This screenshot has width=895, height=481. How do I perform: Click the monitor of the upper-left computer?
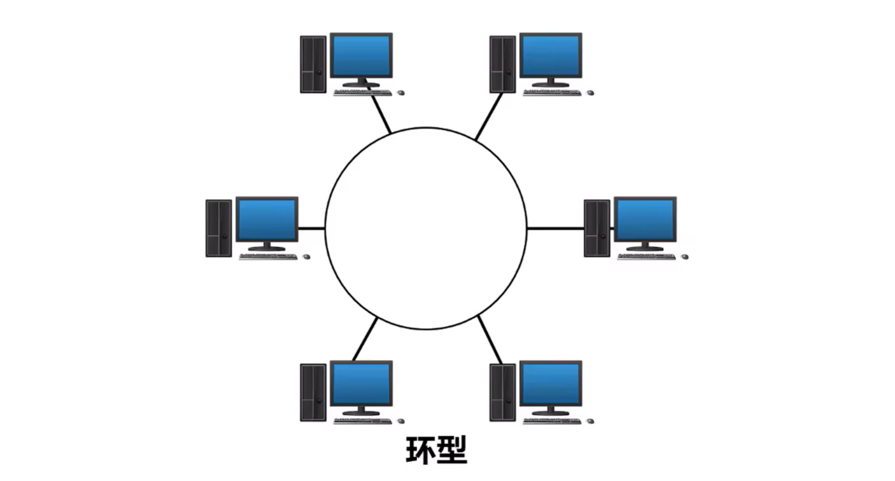point(361,55)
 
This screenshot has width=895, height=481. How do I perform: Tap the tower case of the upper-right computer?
point(502,64)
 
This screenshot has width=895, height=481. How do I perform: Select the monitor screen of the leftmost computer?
point(267,219)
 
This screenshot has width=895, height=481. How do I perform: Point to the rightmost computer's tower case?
point(597,228)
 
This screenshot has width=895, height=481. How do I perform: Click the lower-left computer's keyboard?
point(362,420)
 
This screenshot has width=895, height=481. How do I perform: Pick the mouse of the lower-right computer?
point(590,420)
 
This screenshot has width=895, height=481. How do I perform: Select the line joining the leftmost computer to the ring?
point(312,228)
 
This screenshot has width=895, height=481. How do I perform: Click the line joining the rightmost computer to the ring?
point(555,228)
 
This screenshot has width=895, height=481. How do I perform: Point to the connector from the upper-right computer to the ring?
point(489,117)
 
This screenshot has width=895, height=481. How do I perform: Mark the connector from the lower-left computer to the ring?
point(365,339)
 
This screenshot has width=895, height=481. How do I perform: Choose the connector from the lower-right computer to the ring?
point(490,340)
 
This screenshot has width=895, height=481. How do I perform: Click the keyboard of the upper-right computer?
point(551,93)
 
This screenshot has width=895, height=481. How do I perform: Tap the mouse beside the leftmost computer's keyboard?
point(306,257)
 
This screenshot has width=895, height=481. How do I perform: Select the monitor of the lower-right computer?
point(551,383)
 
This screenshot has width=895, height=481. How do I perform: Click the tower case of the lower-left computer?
point(313,392)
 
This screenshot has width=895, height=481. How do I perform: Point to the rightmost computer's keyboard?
point(646,257)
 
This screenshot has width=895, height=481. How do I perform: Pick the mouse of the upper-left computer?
point(401,93)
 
